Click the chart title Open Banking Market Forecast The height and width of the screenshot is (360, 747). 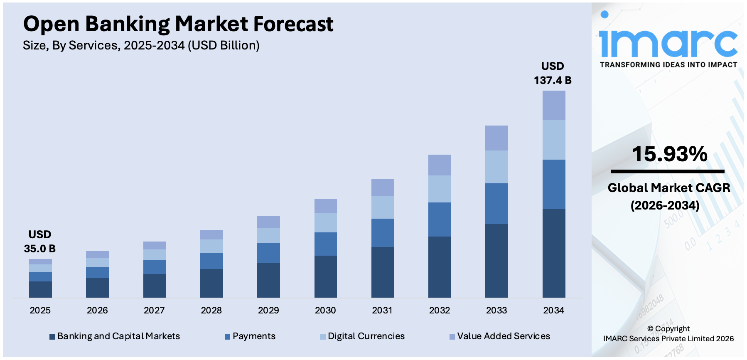point(178,24)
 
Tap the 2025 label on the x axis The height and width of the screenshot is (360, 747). point(40,310)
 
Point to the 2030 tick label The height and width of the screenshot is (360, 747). point(325,310)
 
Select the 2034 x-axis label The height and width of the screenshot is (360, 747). point(553,310)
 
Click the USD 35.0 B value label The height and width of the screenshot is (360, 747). point(40,242)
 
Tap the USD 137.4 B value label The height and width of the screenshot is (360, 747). point(553,73)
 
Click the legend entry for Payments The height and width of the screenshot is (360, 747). point(253,336)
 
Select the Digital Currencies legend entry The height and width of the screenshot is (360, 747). point(366,336)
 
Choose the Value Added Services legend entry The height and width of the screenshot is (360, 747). point(503,336)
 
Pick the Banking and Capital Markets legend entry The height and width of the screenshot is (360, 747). point(118,336)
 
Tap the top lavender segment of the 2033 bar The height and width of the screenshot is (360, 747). point(496,138)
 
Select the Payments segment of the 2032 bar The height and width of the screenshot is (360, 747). point(440,219)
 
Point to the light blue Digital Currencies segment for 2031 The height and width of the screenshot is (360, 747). point(383,207)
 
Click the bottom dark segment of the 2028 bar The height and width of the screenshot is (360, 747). point(211,283)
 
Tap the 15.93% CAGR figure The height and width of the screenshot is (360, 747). point(669,154)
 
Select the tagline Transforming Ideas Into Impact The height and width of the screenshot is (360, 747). point(668,65)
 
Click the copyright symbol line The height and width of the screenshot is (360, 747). point(668,329)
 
